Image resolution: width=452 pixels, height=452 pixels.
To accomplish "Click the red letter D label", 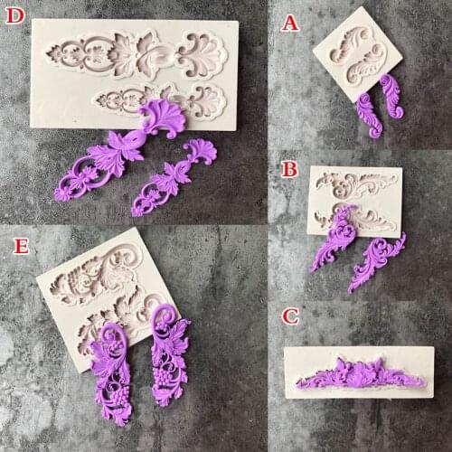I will point(15,16).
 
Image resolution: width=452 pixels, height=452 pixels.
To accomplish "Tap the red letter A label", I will point(289,22).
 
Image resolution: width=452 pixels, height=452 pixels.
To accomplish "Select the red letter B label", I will point(289,168).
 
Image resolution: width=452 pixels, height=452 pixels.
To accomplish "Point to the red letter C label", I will point(289,317).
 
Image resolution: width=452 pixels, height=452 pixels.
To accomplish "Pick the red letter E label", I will point(14,242).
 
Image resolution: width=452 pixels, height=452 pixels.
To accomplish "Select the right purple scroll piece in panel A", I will point(391,95).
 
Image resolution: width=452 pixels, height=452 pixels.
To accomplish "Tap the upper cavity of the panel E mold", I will point(90,280).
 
